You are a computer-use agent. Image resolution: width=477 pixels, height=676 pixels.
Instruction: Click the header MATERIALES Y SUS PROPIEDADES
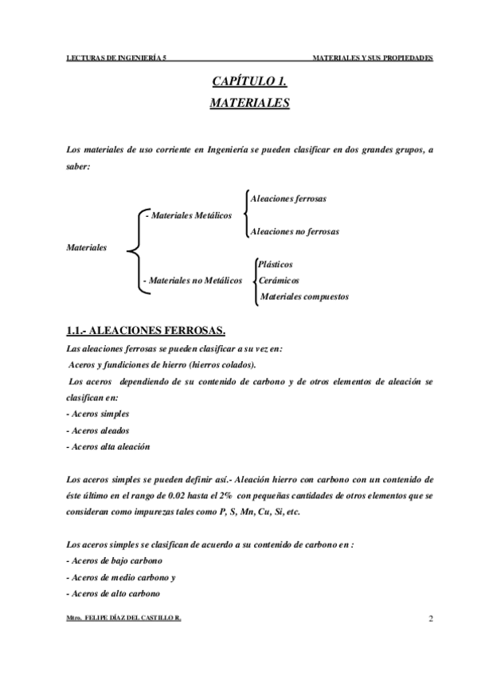click(x=373, y=59)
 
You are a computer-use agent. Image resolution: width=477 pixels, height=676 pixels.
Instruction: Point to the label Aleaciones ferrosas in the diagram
click(x=288, y=198)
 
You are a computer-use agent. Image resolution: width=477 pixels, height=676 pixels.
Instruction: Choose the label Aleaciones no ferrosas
click(x=295, y=232)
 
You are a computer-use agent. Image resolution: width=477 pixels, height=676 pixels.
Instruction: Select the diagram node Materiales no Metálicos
click(x=192, y=281)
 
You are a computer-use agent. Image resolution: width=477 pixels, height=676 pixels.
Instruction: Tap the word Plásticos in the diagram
click(x=275, y=264)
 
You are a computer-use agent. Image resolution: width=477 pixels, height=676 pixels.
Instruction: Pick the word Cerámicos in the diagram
click(x=279, y=281)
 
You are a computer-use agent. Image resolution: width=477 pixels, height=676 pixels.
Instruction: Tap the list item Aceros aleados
click(x=97, y=430)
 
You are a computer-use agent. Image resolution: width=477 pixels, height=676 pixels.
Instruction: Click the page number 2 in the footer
click(x=430, y=619)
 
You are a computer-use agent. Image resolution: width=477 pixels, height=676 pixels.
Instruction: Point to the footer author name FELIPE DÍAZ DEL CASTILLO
click(x=135, y=619)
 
